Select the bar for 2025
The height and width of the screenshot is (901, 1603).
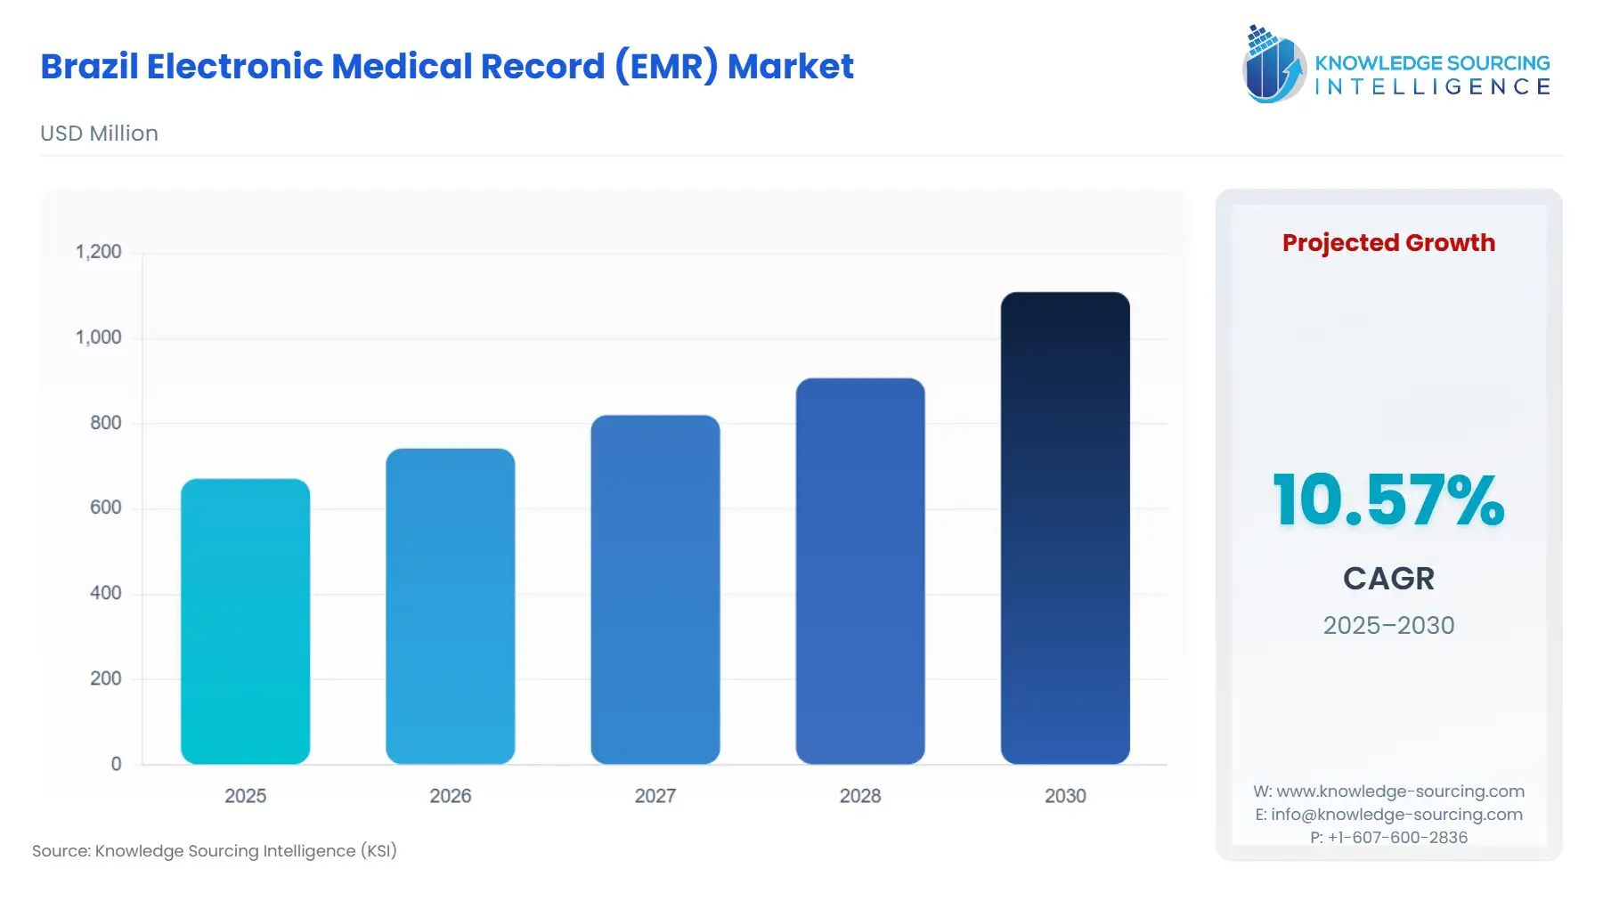click(245, 621)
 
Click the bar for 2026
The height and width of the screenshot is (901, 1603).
click(450, 606)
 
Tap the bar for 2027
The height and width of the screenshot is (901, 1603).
click(655, 589)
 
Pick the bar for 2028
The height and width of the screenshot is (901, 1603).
click(859, 571)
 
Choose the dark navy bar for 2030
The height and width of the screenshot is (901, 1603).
click(1064, 528)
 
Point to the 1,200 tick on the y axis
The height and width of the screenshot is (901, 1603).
click(99, 252)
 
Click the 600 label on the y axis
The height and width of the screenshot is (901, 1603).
click(105, 507)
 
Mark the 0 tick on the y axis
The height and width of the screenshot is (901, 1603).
click(116, 764)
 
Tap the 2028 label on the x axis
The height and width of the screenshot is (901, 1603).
click(859, 796)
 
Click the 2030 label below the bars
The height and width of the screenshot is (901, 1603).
click(1064, 796)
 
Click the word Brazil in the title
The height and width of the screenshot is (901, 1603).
click(89, 67)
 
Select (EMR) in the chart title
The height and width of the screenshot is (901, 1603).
click(666, 67)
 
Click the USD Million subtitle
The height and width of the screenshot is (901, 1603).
click(99, 134)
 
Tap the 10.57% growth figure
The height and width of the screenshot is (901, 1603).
click(1387, 500)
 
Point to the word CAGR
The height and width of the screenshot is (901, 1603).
click(1387, 579)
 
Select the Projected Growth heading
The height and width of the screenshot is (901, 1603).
click(1387, 243)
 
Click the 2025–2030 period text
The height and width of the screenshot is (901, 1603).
click(1387, 625)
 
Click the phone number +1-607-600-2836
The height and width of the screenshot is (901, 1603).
click(1396, 838)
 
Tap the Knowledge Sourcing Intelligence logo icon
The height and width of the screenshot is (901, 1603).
click(1273, 65)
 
